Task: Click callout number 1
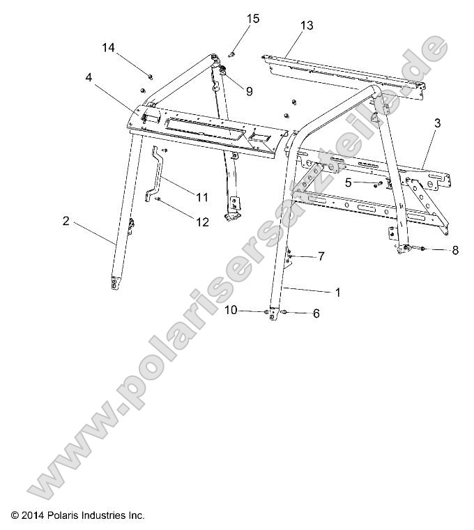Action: [x=337, y=293]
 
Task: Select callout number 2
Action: [x=66, y=221]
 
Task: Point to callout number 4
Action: [x=89, y=77]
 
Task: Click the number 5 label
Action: [x=348, y=182]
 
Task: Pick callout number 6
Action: [x=316, y=313]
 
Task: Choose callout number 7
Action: [x=321, y=256]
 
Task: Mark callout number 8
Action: [x=454, y=250]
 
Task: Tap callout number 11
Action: [x=202, y=197]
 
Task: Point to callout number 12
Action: [x=202, y=222]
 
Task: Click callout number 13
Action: [x=307, y=26]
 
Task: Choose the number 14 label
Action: [x=108, y=47]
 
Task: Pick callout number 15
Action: [x=252, y=18]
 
